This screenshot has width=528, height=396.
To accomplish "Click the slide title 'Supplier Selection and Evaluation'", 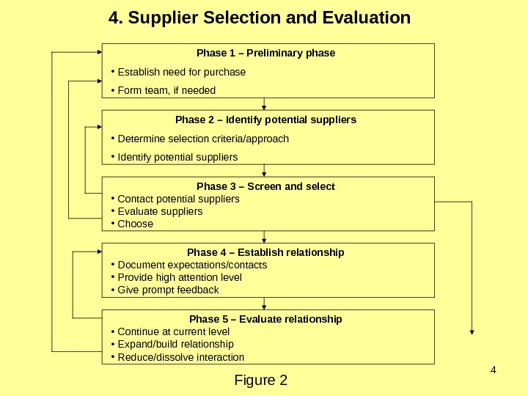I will coord(259,17).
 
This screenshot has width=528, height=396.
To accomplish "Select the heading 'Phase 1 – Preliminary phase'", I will coord(265,54).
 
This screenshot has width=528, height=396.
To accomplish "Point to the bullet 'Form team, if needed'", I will coord(166,91).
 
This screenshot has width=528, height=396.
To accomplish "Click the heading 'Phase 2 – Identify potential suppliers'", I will coord(265,120).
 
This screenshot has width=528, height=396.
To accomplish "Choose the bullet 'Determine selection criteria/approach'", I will coord(203,139).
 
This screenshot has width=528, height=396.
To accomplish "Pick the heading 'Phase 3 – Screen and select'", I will coord(265,186).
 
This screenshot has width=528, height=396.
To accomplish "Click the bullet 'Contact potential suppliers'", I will coord(178,199).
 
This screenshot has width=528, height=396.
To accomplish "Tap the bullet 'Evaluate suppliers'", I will coord(160,211).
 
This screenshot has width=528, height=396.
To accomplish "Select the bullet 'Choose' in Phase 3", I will coord(136,224).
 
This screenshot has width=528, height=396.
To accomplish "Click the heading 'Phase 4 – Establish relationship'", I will coord(265,252).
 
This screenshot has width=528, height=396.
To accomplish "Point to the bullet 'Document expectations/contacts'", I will coord(192,265).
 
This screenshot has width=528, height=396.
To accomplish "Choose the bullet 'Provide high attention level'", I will coord(180,277).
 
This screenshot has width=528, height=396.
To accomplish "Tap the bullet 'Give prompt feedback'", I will coord(168,290).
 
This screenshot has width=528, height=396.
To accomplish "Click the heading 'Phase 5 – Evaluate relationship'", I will coord(265,320).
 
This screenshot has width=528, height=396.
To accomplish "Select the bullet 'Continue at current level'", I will coord(173,331).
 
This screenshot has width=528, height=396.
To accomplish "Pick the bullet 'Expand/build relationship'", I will coord(175,344).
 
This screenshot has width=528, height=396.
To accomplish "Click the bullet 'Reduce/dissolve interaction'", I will coord(180,357).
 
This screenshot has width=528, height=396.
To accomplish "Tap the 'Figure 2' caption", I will coord(260,381).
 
